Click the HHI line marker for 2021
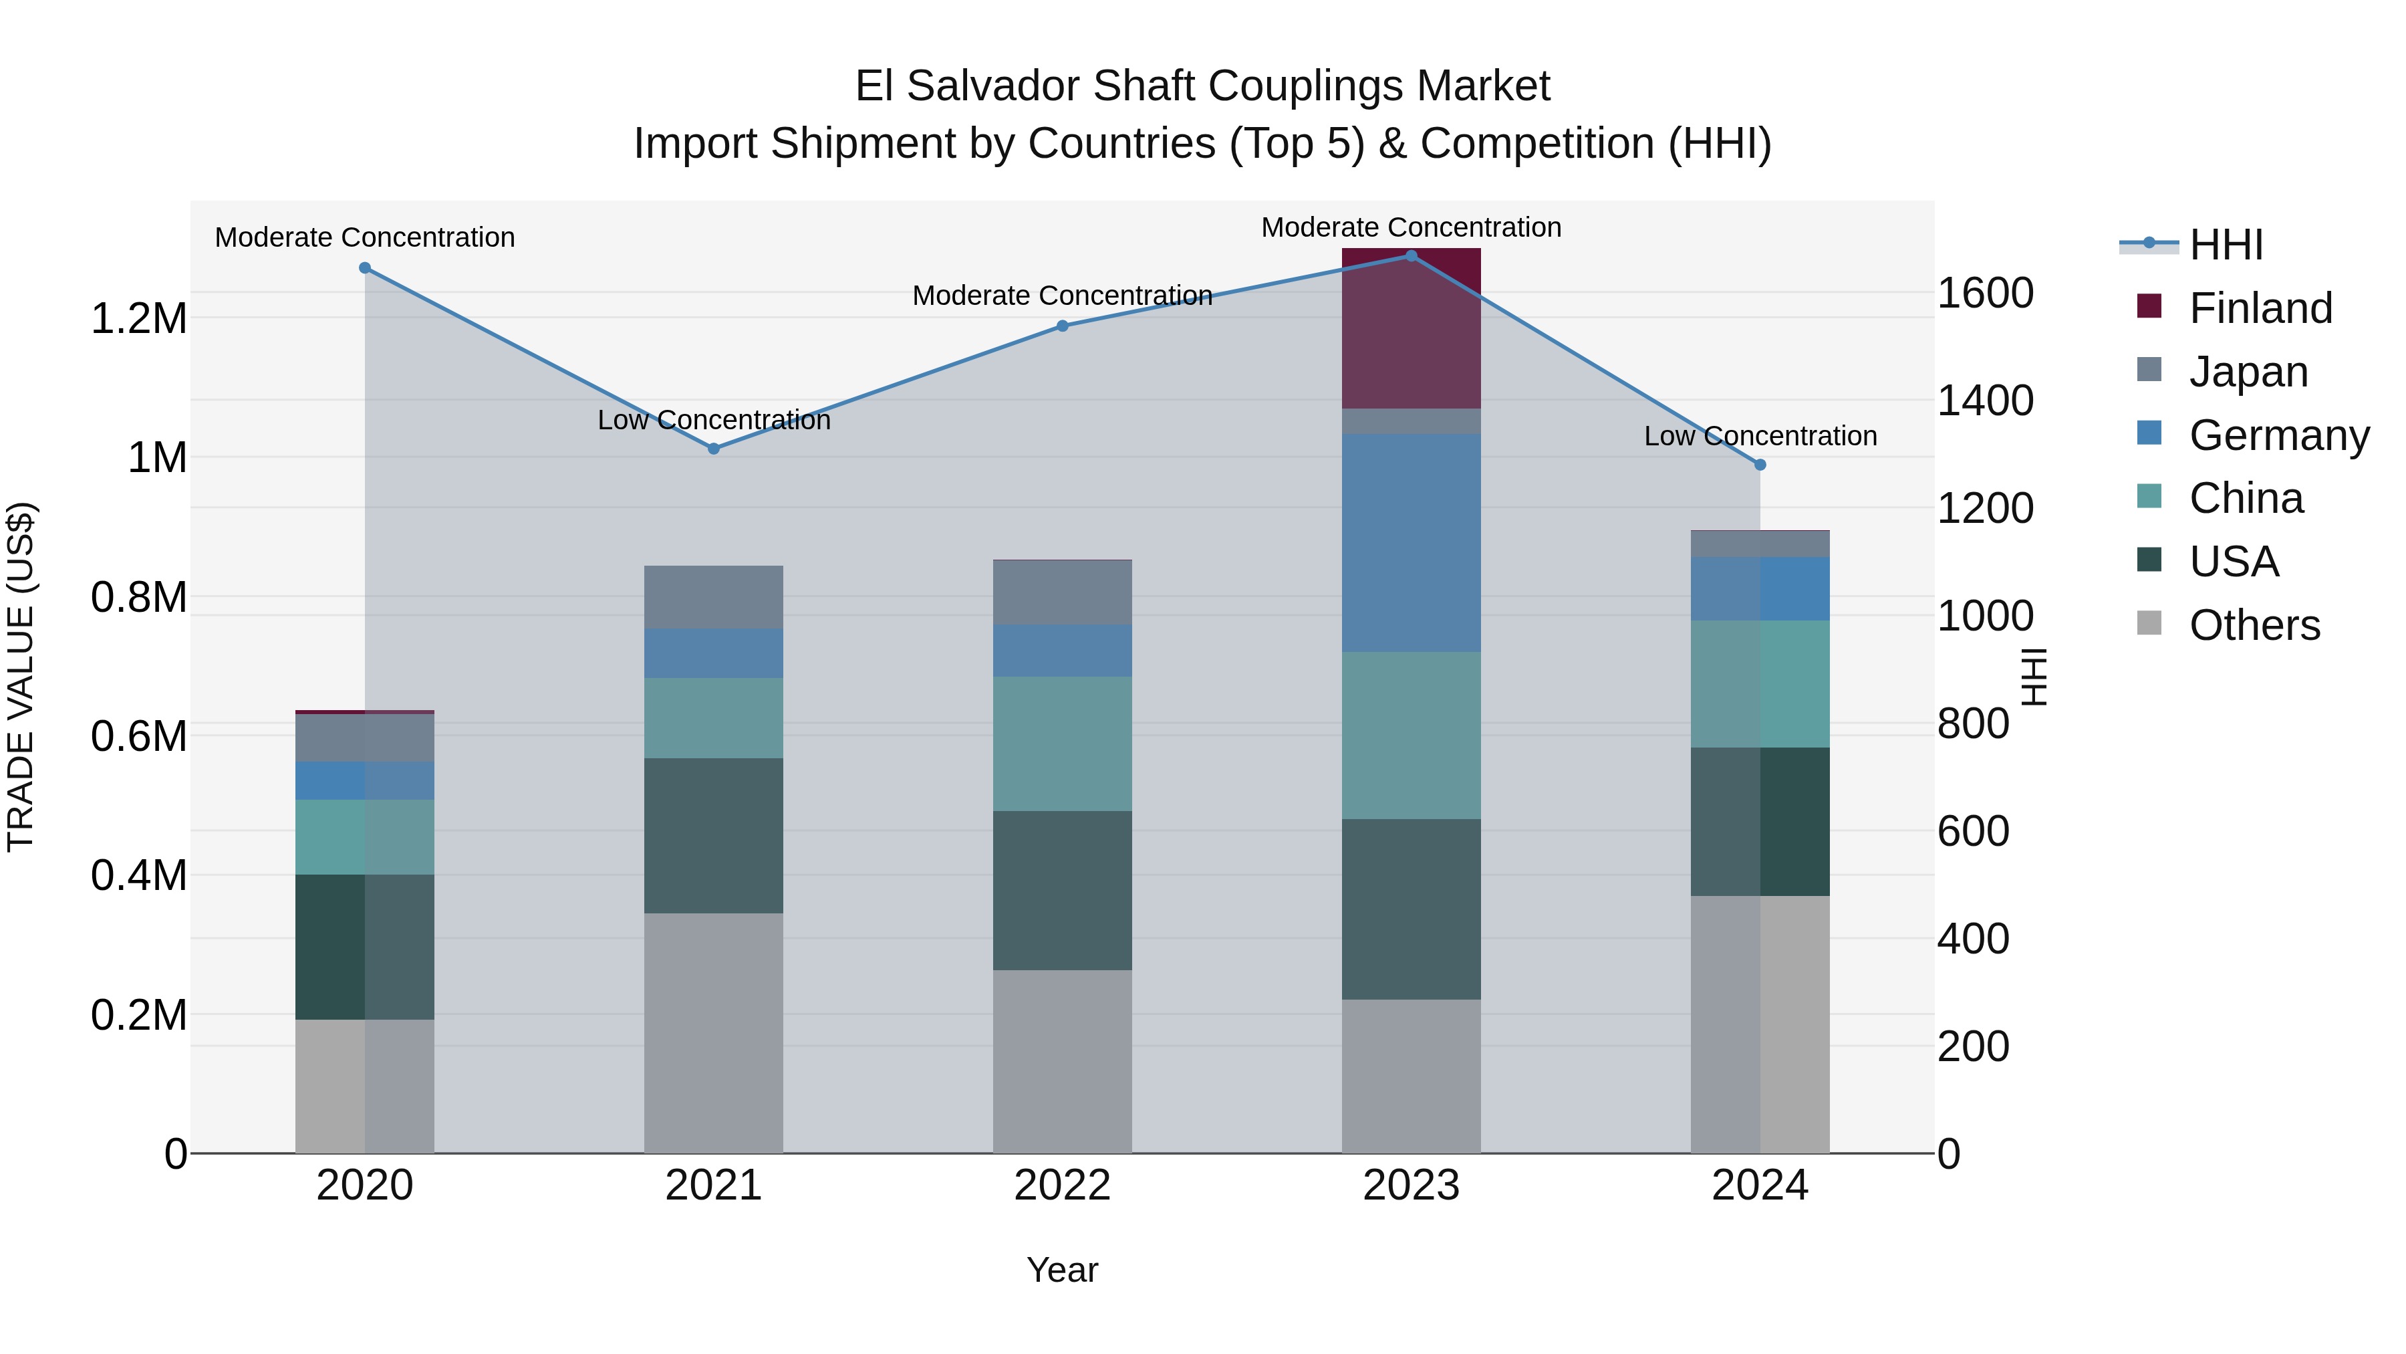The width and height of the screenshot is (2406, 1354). coord(714,449)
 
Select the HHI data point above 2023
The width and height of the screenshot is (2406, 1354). coord(1412,256)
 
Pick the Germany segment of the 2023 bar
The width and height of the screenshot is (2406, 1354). coord(1412,542)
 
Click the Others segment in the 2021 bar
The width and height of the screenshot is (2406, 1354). coord(714,1032)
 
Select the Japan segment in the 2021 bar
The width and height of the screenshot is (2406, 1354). coord(714,597)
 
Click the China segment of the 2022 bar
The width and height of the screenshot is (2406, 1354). coord(1062,743)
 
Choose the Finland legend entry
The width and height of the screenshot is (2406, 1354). coord(2260,308)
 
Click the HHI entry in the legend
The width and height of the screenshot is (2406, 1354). coord(2226,245)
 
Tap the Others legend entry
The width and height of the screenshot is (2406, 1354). coord(2254,625)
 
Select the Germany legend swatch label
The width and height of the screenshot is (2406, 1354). coord(2278,435)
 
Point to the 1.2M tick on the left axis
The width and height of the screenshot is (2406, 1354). coord(138,319)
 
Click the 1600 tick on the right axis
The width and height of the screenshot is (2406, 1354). coord(1986,294)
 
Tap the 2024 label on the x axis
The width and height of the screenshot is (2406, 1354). coord(1760,1186)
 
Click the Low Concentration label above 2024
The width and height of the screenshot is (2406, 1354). coord(1760,437)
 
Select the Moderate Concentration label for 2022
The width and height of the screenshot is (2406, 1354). coord(1062,296)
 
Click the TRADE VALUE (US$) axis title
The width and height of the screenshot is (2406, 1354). coord(21,677)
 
